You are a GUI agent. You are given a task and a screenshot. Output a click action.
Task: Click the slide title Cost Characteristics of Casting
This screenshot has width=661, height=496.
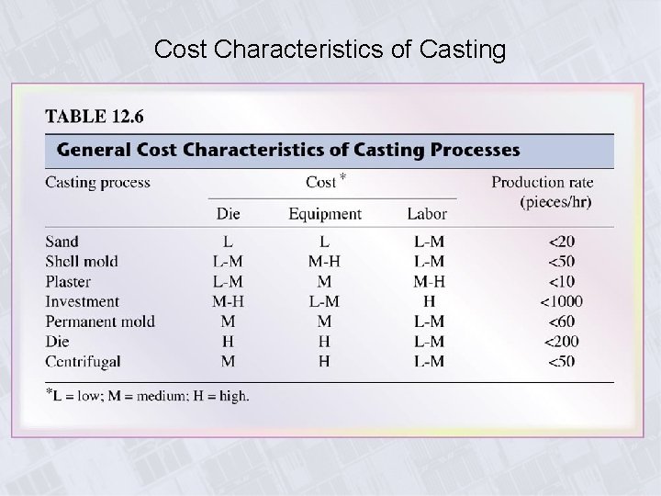[x=330, y=50]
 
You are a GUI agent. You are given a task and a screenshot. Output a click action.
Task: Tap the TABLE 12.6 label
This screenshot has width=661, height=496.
[x=95, y=118]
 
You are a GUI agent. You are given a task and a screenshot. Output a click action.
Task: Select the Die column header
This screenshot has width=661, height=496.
[x=228, y=214]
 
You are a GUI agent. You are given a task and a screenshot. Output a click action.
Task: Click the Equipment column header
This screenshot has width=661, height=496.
[x=324, y=214]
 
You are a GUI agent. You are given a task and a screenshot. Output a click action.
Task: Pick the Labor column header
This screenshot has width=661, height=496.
[x=427, y=214]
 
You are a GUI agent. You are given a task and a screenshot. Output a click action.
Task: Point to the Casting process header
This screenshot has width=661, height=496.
[x=97, y=182]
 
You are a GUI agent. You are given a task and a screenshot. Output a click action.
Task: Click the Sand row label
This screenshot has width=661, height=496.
[x=62, y=242]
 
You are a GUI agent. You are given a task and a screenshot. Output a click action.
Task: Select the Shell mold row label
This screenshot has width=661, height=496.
[x=82, y=262]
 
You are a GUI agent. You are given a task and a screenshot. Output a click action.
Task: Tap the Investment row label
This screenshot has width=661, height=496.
[x=83, y=301]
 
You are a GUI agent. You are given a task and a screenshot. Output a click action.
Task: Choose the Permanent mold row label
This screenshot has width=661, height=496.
[x=100, y=321]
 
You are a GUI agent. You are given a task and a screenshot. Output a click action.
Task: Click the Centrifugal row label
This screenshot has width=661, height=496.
[x=83, y=361]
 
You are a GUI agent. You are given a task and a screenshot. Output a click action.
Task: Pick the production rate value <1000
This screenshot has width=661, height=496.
[x=561, y=301]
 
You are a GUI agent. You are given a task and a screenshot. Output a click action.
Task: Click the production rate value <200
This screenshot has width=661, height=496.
[x=561, y=342]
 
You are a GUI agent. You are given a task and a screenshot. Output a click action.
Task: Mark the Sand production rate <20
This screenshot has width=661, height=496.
[x=561, y=242]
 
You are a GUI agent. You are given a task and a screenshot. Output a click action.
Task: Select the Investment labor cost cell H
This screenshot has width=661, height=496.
[x=428, y=301]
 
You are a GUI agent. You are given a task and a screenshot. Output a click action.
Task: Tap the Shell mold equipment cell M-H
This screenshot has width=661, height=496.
[x=324, y=262]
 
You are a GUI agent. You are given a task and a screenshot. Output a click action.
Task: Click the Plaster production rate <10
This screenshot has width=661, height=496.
[x=561, y=282]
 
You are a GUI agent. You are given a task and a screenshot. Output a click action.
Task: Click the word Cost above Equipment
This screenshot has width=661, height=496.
[x=321, y=182]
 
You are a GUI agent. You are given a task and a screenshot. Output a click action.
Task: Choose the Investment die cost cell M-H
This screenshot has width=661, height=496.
[x=228, y=301]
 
